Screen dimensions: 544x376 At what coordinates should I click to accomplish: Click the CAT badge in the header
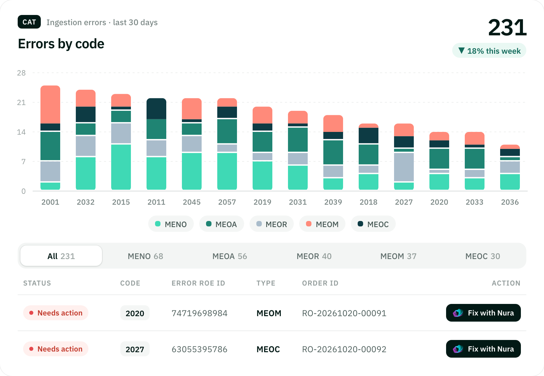(x=29, y=22)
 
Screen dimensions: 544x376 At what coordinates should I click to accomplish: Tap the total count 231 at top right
(x=507, y=28)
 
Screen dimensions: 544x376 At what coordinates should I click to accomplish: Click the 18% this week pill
(x=489, y=51)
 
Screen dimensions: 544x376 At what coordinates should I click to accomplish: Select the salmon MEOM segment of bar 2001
(x=50, y=104)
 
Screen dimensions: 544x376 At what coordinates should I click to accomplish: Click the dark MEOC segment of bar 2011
(x=156, y=108)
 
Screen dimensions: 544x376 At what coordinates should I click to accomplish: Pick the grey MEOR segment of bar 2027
(x=404, y=167)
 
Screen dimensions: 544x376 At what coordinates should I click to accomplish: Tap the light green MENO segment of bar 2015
(x=121, y=167)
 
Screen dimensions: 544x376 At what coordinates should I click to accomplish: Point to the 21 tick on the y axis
(x=21, y=103)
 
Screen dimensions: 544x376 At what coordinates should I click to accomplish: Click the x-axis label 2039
(x=333, y=202)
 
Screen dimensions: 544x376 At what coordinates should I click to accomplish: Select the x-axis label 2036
(x=510, y=202)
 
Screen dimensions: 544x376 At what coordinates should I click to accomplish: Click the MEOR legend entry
(x=272, y=224)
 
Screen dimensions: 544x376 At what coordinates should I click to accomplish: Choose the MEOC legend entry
(x=373, y=224)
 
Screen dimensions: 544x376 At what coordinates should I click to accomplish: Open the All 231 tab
(x=61, y=256)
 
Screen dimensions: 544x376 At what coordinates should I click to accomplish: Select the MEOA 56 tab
(x=230, y=256)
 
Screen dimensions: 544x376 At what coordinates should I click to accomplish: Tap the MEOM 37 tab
(x=398, y=256)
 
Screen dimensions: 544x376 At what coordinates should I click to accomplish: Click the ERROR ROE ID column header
(x=199, y=283)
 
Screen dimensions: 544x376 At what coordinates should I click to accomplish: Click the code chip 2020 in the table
(x=135, y=313)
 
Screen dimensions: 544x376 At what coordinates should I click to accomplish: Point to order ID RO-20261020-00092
(x=344, y=349)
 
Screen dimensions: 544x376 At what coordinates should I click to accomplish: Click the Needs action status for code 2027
(x=56, y=349)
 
